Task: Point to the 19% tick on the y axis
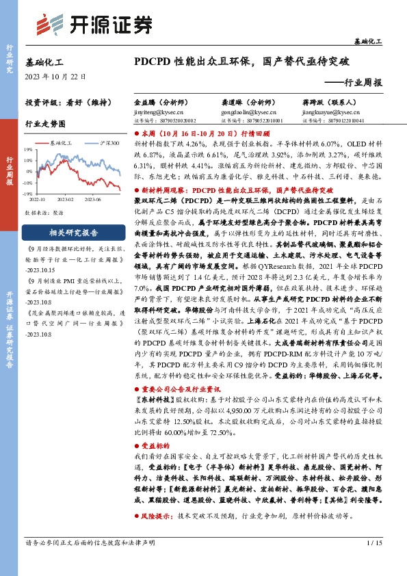pos(29,148)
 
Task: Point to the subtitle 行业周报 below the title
pos(363,82)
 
